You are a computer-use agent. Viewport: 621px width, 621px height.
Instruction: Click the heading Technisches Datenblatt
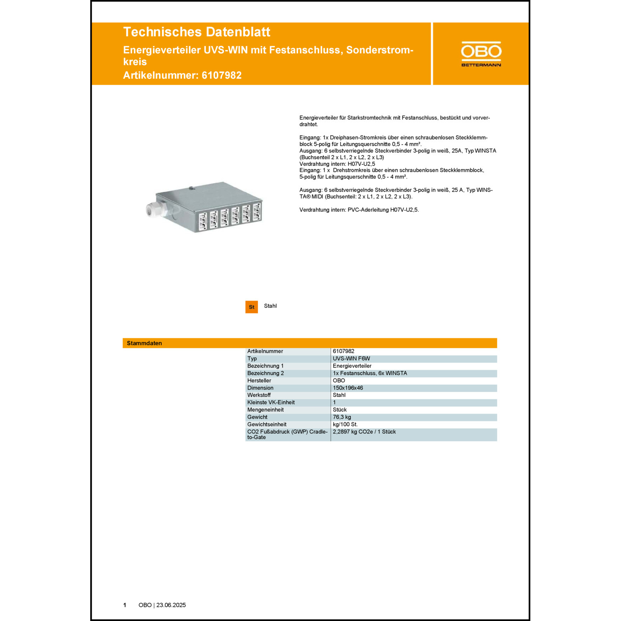pyautogui.click(x=197, y=32)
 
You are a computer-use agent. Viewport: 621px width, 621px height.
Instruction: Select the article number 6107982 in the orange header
pyautogui.click(x=221, y=75)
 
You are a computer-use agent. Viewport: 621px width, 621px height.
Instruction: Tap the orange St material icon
pyautogui.click(x=251, y=307)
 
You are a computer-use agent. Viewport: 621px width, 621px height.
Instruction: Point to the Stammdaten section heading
pyautogui.click(x=144, y=343)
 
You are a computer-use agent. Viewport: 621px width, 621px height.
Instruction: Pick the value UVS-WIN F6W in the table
pyautogui.click(x=351, y=359)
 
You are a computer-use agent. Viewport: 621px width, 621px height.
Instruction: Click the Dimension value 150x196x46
pyautogui.click(x=348, y=388)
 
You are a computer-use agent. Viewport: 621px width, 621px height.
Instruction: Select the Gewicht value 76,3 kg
pyautogui.click(x=342, y=417)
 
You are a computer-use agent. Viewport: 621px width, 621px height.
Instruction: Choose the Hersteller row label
pyautogui.click(x=259, y=380)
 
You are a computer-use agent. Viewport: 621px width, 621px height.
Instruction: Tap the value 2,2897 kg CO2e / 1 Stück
pyautogui.click(x=364, y=432)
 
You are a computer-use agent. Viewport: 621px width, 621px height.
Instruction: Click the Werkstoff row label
pyautogui.click(x=259, y=395)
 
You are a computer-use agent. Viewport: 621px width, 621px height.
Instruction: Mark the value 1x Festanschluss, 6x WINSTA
pyautogui.click(x=370, y=373)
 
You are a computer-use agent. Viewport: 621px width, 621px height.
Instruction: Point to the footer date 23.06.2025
pyautogui.click(x=171, y=605)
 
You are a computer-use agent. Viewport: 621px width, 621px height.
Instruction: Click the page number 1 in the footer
pyautogui.click(x=125, y=605)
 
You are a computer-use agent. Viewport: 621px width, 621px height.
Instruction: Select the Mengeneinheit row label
pyautogui.click(x=265, y=410)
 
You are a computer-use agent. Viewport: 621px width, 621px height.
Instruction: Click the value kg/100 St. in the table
pyautogui.click(x=345, y=424)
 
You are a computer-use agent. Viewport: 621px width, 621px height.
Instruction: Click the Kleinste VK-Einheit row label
pyautogui.click(x=271, y=402)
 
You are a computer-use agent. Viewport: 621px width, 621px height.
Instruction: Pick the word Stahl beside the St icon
pyautogui.click(x=270, y=306)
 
